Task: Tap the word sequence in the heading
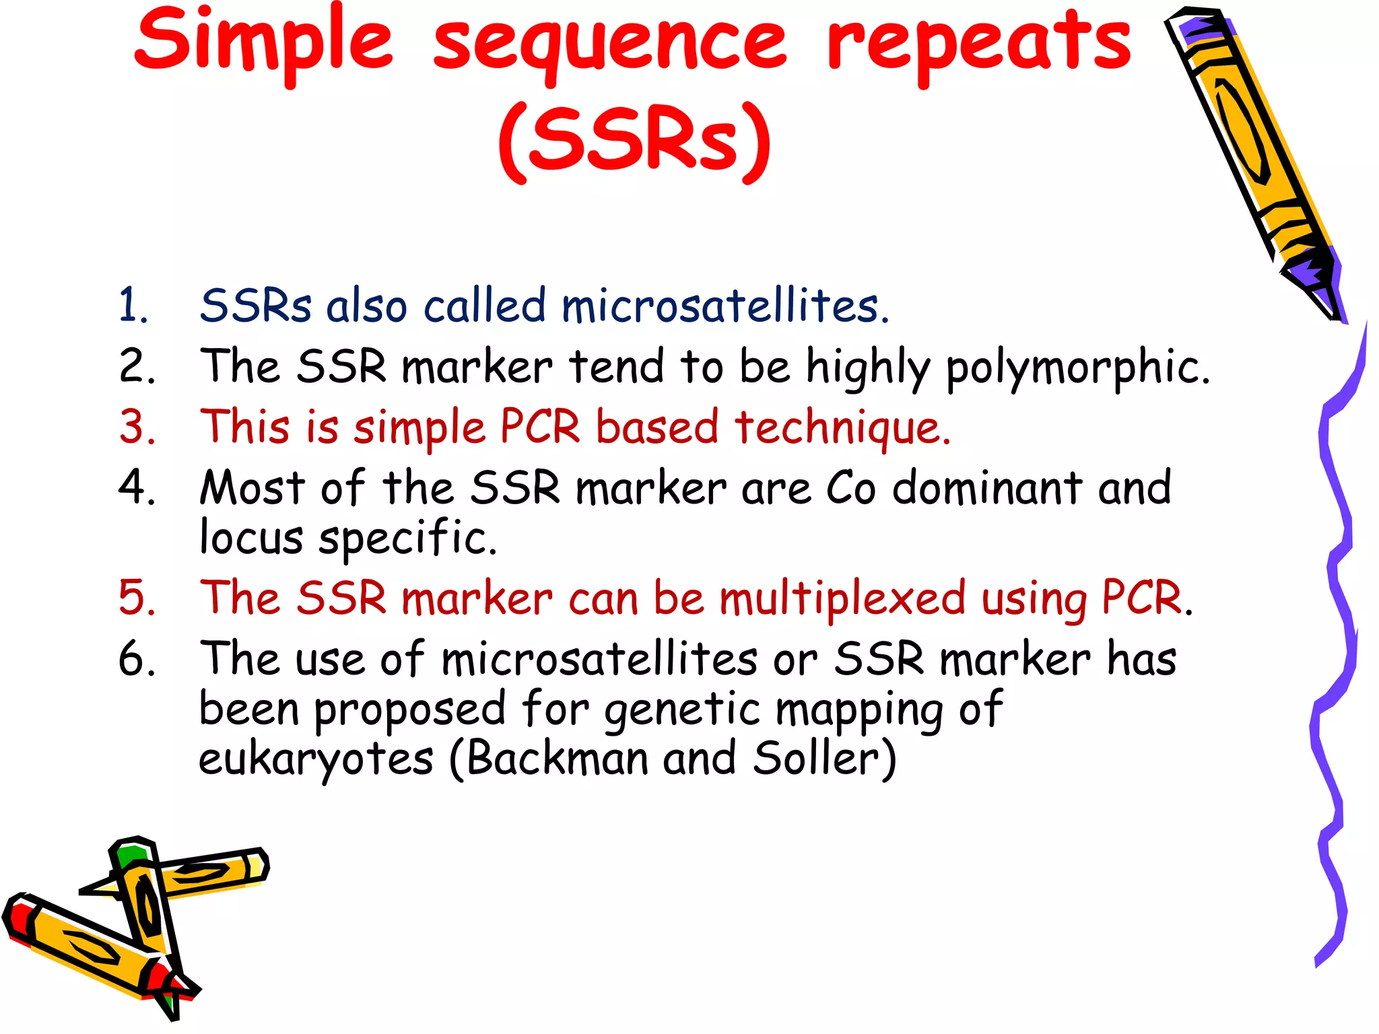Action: (x=609, y=44)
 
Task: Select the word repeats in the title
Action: (x=980, y=44)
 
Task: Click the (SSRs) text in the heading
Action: (x=634, y=141)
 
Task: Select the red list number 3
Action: (x=137, y=427)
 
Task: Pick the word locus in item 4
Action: (x=251, y=538)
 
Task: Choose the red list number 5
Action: (x=137, y=598)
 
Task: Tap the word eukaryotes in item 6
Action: (x=316, y=760)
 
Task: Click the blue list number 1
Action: (x=133, y=306)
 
